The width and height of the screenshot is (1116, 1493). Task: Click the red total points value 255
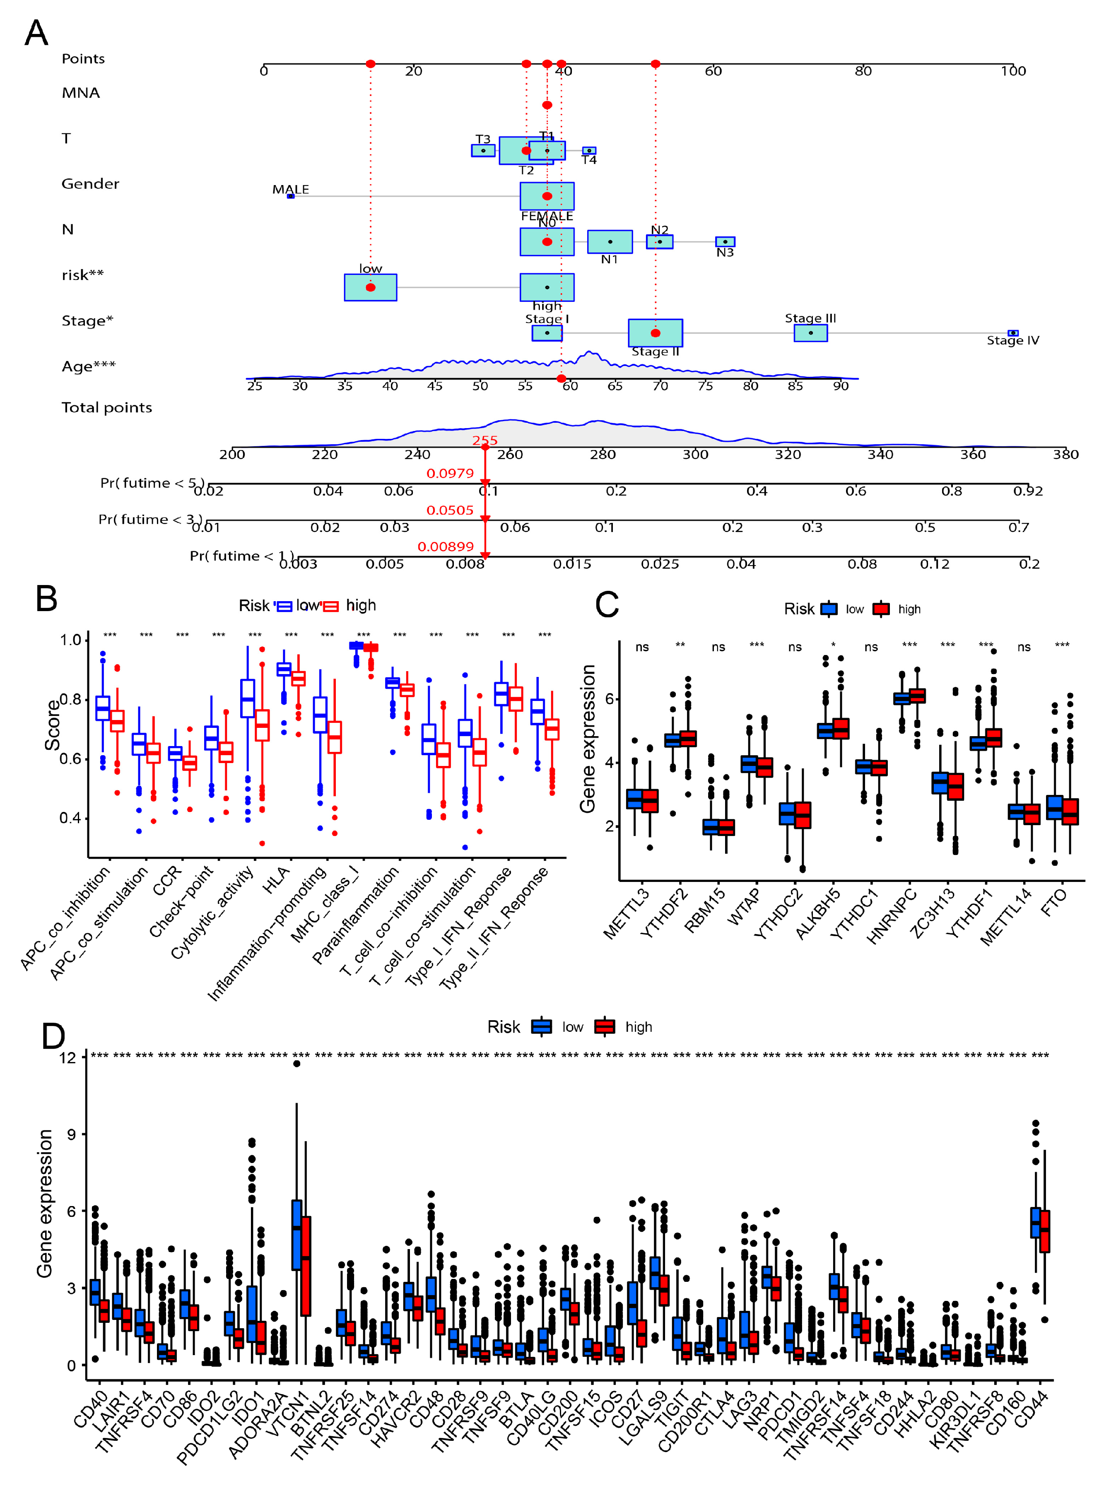click(x=485, y=440)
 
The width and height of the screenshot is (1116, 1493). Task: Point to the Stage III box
click(x=810, y=333)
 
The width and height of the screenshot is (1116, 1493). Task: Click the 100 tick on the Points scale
click(x=1013, y=71)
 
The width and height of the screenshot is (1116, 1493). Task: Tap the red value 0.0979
click(x=450, y=473)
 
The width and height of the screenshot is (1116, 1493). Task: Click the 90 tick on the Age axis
click(x=840, y=386)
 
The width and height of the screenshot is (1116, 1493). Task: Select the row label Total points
click(x=107, y=408)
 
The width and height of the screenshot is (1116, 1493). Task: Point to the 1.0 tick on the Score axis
click(x=70, y=640)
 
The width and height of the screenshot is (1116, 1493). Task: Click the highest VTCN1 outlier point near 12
click(x=296, y=1064)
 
